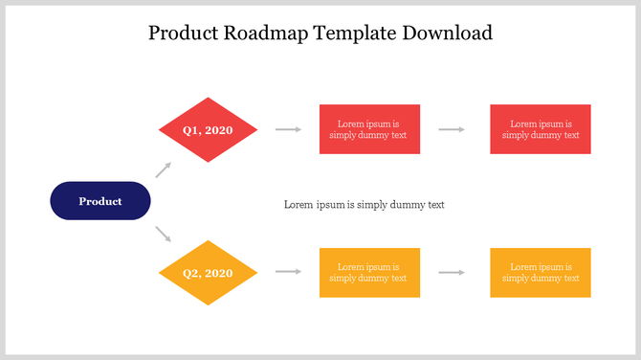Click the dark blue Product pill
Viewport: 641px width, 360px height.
pos(100,201)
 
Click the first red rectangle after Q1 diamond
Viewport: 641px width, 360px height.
pos(368,129)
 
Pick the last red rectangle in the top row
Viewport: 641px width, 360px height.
pos(541,129)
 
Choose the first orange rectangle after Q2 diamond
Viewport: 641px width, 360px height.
pos(368,273)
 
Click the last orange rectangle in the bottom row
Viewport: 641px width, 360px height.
pos(541,273)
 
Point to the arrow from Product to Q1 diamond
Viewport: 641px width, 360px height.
pos(164,170)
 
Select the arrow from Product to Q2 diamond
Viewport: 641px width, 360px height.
pos(164,233)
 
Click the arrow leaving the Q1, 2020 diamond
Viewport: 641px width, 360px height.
pos(288,128)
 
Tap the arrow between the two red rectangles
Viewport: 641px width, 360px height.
pos(453,128)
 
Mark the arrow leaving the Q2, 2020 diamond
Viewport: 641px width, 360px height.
pos(288,272)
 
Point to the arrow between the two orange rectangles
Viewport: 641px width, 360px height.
pos(453,272)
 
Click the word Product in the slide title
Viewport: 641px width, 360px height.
pos(185,34)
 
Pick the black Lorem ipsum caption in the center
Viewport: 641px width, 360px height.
pos(365,205)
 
